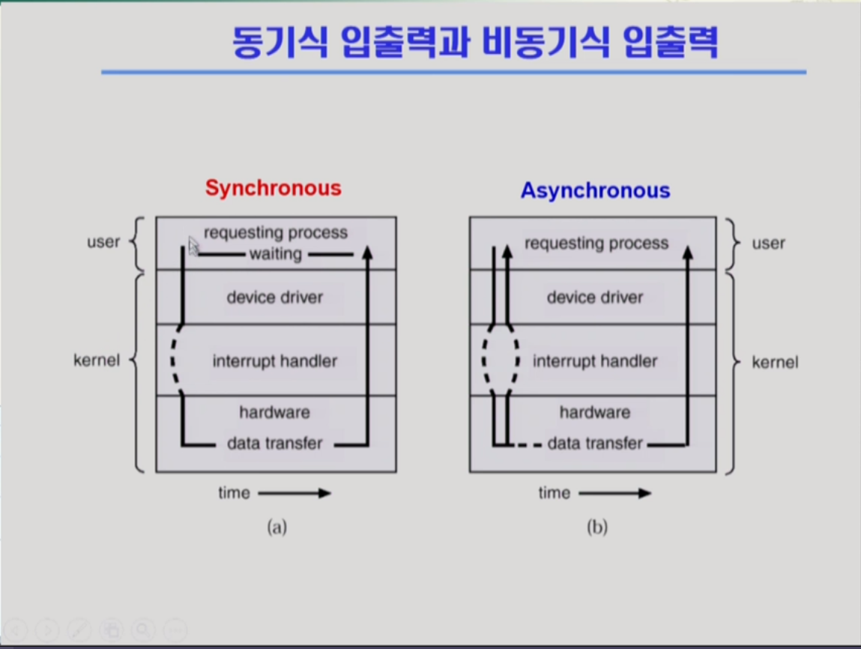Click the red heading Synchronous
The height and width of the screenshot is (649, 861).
(x=274, y=188)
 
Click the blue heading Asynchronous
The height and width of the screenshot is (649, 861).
(x=595, y=190)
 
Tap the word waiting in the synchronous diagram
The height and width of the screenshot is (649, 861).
(x=276, y=254)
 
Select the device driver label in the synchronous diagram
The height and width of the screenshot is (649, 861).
(x=274, y=297)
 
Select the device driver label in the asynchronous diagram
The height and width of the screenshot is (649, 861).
(x=595, y=297)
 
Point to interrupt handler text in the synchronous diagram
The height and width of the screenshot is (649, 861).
(x=274, y=360)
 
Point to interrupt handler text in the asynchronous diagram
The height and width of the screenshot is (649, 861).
(x=595, y=360)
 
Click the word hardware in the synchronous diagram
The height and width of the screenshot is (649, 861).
(x=274, y=411)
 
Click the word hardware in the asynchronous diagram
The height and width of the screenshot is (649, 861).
(x=595, y=411)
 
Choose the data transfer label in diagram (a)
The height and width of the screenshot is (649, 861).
(x=274, y=443)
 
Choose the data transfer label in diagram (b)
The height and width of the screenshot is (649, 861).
(x=595, y=443)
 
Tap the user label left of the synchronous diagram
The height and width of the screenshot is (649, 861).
(x=103, y=241)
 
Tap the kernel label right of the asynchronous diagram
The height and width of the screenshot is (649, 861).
(x=775, y=363)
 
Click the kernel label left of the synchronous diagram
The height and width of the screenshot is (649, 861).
(x=97, y=360)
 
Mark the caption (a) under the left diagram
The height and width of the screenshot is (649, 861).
(x=277, y=527)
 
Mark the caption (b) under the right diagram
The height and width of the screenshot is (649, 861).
(x=597, y=527)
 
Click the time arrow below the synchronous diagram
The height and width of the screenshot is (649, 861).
(x=294, y=493)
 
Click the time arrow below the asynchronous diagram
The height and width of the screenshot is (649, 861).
(x=615, y=493)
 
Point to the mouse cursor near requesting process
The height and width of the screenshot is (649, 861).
(x=193, y=246)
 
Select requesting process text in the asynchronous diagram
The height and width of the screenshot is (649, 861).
(x=596, y=244)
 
